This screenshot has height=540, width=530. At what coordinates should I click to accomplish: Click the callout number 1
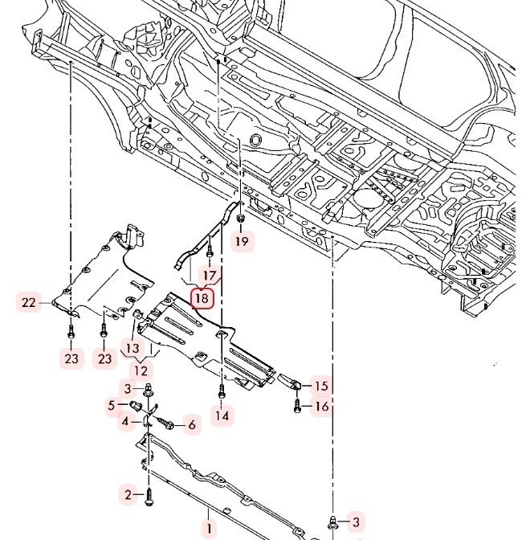pyautogui.click(x=208, y=529)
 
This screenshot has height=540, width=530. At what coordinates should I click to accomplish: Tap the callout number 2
pyautogui.click(x=127, y=493)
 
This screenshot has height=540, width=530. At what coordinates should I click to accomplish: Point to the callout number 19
pyautogui.click(x=243, y=240)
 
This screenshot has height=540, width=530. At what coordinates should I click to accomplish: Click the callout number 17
pyautogui.click(x=210, y=276)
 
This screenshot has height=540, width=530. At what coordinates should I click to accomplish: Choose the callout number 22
pyautogui.click(x=29, y=302)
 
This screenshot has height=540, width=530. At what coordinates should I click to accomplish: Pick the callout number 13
pyautogui.click(x=132, y=347)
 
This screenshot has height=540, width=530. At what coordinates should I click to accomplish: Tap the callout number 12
pyautogui.click(x=141, y=370)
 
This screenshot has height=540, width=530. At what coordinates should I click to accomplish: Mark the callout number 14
pyautogui.click(x=222, y=415)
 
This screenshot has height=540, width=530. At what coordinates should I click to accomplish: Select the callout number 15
pyautogui.click(x=321, y=386)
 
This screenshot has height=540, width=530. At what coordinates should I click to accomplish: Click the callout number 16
pyautogui.click(x=321, y=407)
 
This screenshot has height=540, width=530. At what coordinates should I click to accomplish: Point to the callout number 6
pyautogui.click(x=191, y=425)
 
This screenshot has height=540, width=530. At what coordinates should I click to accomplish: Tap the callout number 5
pyautogui.click(x=112, y=406)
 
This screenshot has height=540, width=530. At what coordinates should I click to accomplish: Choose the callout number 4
pyautogui.click(x=126, y=420)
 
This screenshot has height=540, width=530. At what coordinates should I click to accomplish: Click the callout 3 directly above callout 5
pyautogui.click(x=128, y=389)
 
